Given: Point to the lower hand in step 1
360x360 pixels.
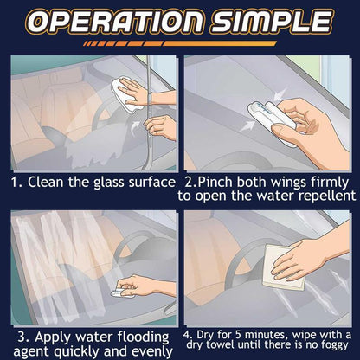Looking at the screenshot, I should (163, 127).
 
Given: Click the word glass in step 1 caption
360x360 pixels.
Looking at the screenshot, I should (105, 183).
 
